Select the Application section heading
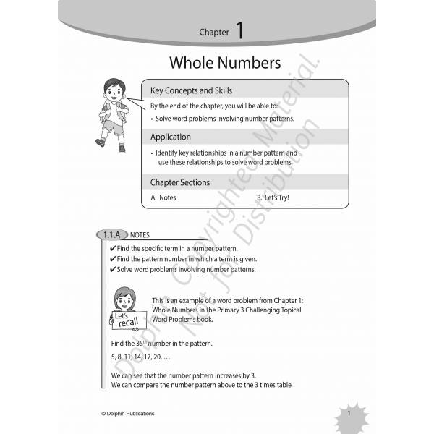click(x=171, y=137)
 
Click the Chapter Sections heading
click(x=179, y=182)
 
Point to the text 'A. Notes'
click(x=163, y=197)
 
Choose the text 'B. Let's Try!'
click(x=272, y=197)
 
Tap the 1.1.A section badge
click(x=110, y=235)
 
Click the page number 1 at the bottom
click(x=349, y=413)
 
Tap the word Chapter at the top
click(x=214, y=32)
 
